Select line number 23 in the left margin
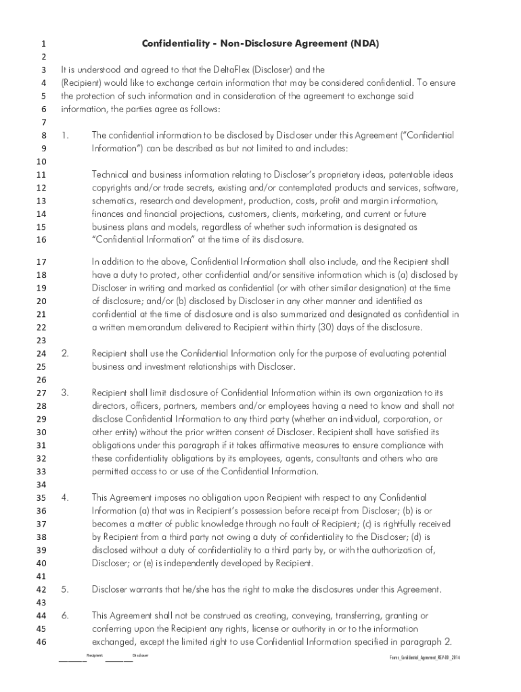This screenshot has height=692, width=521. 41,340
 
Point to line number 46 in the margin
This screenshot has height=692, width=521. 41,642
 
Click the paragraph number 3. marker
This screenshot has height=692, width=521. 65,392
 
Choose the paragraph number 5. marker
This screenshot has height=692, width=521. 65,589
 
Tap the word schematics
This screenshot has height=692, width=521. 114,201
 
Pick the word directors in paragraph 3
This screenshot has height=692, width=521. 111,405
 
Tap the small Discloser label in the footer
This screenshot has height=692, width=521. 140,656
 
